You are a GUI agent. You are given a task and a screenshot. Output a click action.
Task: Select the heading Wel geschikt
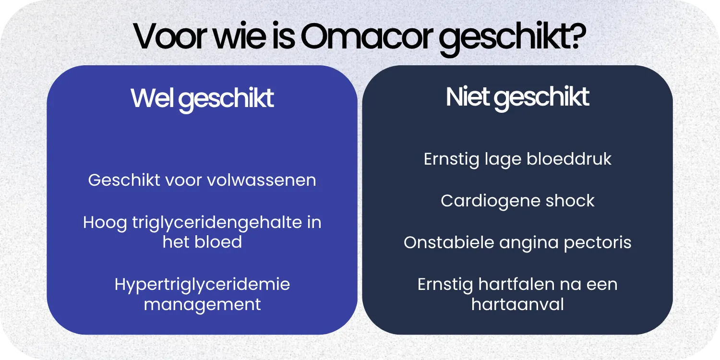coord(202,98)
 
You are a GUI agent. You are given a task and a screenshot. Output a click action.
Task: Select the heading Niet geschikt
coord(517,97)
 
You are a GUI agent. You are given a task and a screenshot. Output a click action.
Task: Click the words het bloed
coord(202,241)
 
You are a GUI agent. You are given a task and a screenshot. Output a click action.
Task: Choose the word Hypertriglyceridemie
coord(202,284)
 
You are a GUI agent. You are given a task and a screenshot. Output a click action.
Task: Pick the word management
coord(202,304)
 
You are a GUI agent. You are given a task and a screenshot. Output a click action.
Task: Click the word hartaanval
coord(517,304)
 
